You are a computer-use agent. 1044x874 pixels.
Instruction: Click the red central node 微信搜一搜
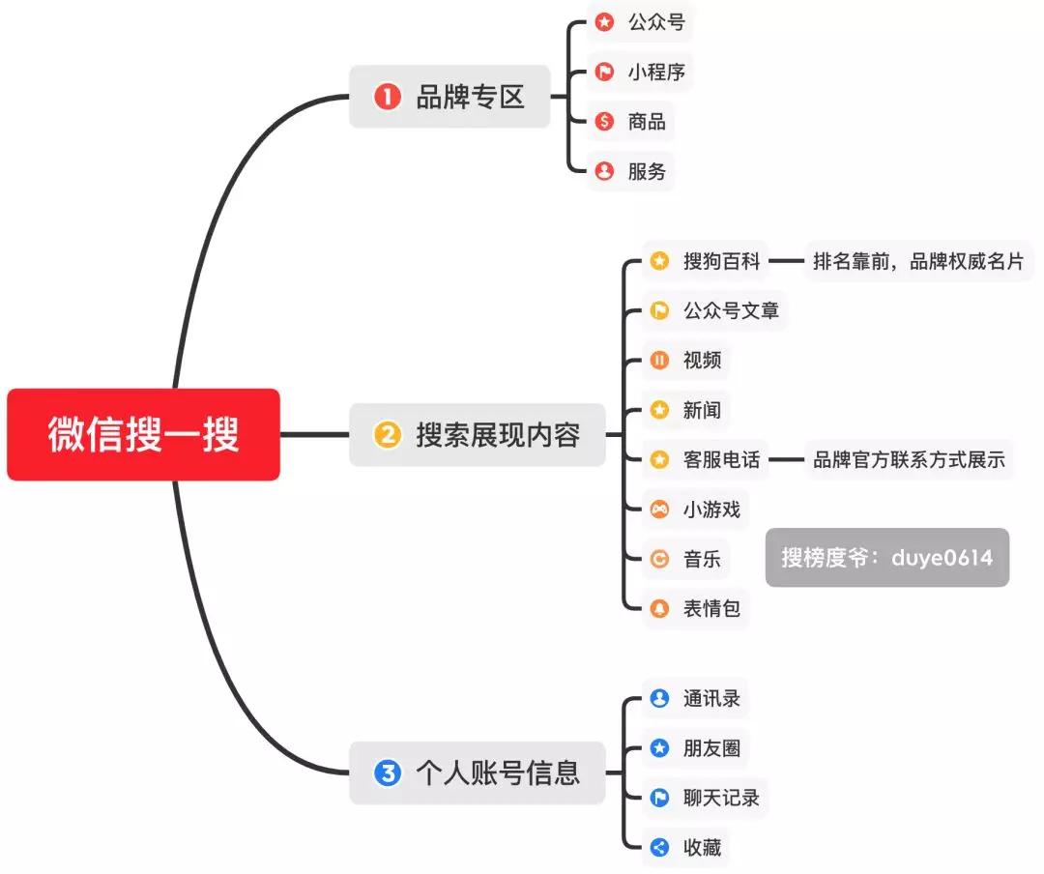(143, 435)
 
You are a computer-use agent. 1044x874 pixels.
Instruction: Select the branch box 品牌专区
(449, 97)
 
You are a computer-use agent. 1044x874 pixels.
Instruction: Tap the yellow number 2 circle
(387, 435)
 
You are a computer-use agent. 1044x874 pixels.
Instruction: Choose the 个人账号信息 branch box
(478, 772)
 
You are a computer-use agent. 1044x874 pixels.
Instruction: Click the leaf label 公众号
(656, 22)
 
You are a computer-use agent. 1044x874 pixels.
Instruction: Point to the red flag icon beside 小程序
(605, 73)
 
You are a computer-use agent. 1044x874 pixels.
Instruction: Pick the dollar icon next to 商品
(605, 122)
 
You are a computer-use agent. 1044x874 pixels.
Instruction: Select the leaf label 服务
(647, 172)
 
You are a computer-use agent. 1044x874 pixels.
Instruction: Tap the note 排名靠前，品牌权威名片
(918, 261)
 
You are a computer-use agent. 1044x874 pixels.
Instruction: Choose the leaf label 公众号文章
(731, 311)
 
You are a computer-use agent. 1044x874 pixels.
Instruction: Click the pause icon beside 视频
(659, 361)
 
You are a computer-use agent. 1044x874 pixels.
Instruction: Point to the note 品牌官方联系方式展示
(909, 460)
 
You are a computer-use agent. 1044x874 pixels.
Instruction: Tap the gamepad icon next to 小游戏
(659, 510)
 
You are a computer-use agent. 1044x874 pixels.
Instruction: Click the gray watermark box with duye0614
(886, 558)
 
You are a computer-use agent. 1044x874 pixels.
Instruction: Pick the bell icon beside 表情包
(659, 609)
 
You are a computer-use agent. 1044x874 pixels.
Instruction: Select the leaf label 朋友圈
(711, 748)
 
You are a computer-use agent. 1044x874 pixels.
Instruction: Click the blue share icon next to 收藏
(659, 848)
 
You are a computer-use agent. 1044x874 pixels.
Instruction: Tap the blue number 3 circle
(387, 772)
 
